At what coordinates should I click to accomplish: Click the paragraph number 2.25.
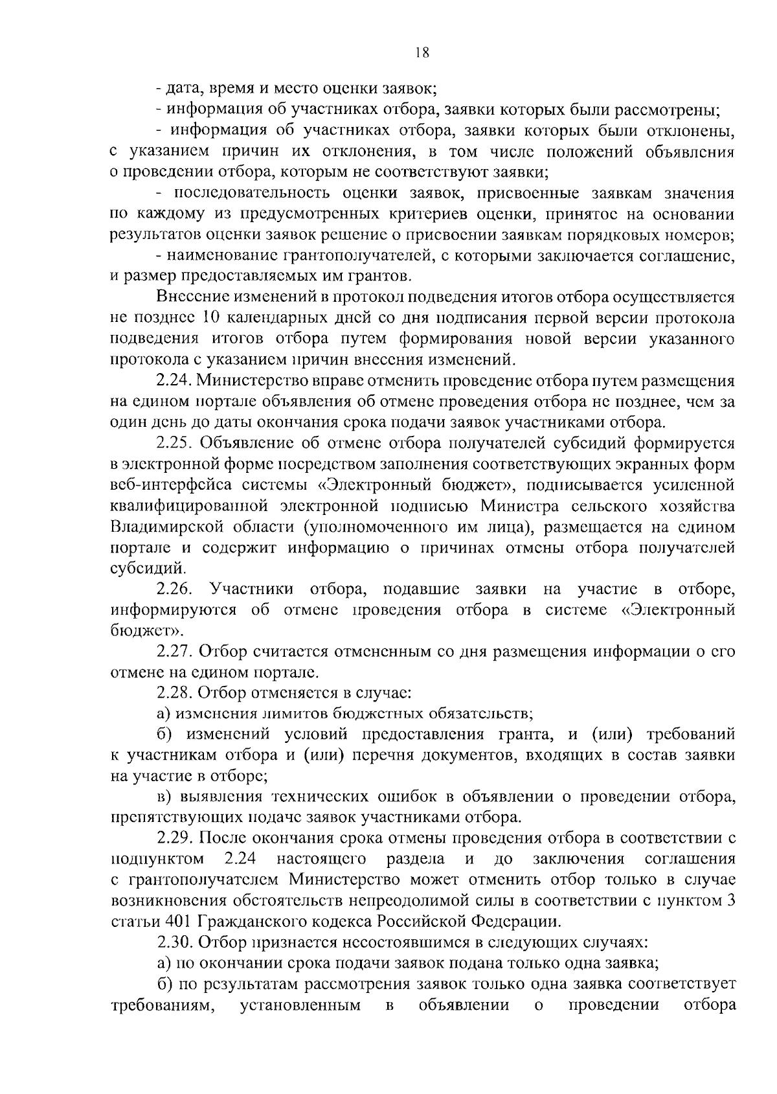(174, 443)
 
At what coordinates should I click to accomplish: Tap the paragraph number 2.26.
(174, 589)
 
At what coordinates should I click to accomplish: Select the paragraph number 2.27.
(174, 651)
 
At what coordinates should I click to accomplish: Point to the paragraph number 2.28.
(174, 692)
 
